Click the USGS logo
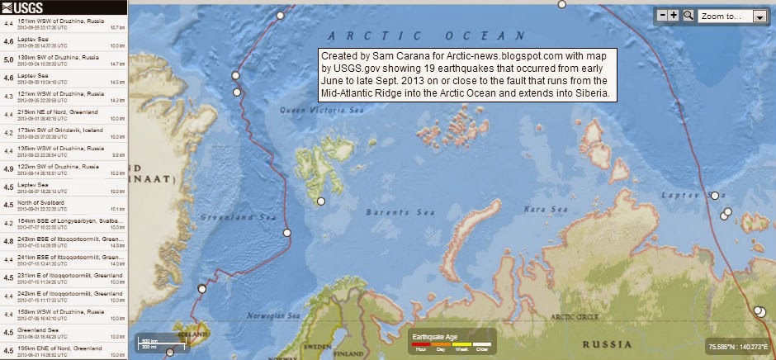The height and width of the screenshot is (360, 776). coord(25,7)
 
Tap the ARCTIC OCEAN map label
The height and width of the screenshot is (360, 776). coord(425,36)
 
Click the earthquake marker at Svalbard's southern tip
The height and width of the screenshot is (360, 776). coord(321,201)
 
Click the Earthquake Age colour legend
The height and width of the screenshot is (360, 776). coord(451,342)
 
